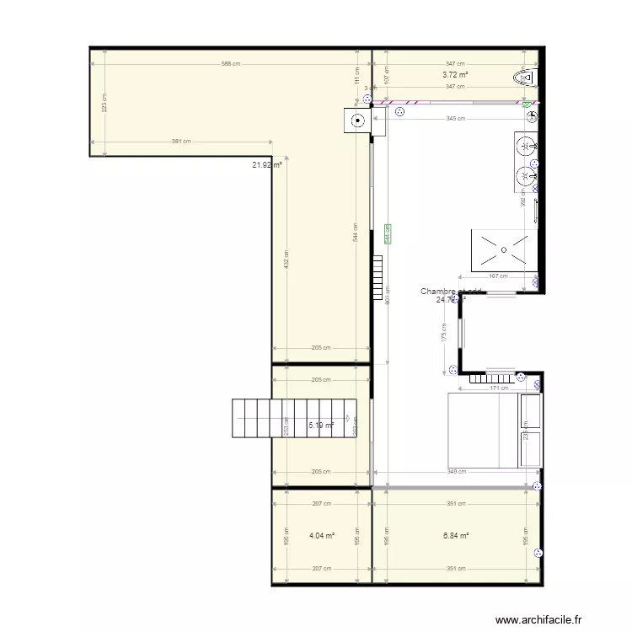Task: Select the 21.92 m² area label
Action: [266, 165]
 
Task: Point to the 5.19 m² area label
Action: [321, 426]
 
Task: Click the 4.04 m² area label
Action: [322, 535]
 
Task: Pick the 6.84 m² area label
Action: [456, 535]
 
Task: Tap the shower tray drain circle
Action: [502, 249]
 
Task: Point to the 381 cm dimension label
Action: [181, 142]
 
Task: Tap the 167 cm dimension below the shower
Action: [498, 276]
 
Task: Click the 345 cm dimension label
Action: [455, 119]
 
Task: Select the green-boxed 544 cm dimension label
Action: [388, 234]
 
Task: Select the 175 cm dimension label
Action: [444, 337]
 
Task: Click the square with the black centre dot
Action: [358, 121]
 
